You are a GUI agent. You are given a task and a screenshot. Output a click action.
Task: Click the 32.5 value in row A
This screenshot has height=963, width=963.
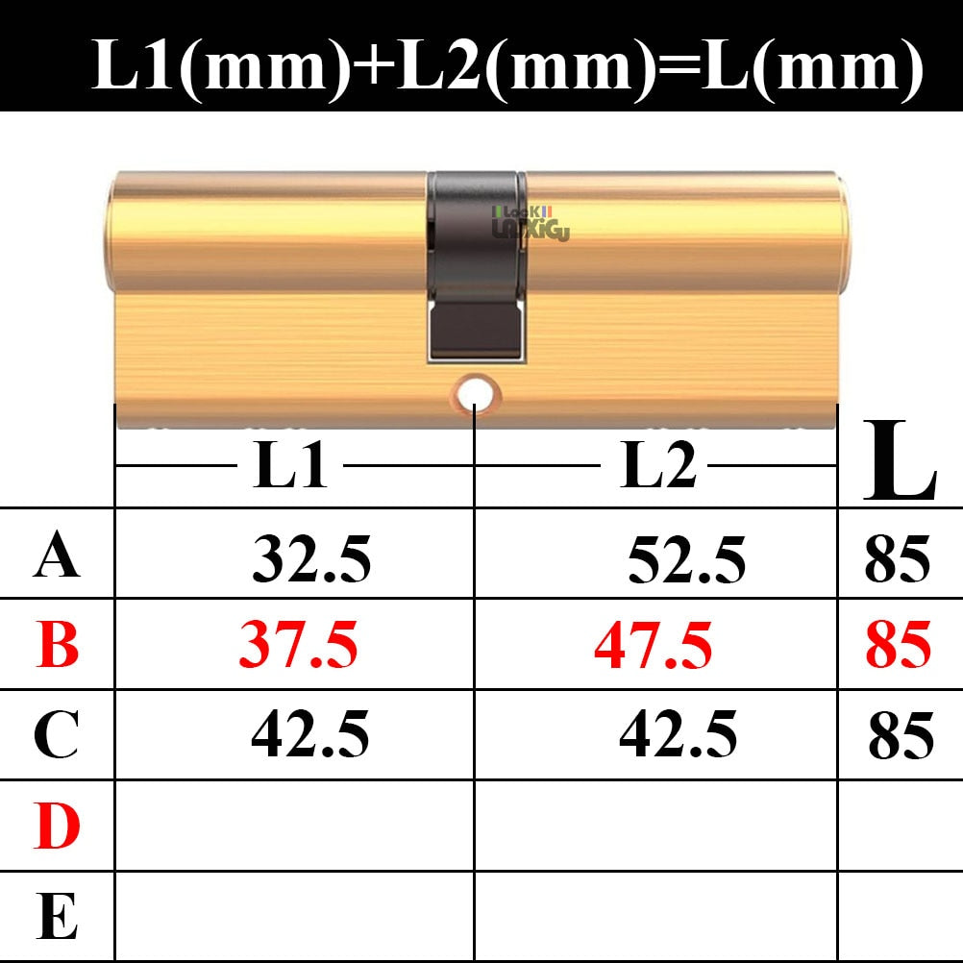pos(311,559)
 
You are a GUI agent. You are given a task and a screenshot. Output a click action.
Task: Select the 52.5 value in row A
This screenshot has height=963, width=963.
pos(686,559)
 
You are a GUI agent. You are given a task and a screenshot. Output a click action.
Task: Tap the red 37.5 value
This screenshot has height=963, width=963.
pos(298,645)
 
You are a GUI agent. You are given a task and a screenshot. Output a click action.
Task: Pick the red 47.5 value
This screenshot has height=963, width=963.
pos(654,645)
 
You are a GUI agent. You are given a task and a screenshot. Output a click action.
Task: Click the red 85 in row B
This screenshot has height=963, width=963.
pos(898,645)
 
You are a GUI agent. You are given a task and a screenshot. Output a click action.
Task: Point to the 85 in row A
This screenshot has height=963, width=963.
pos(898,559)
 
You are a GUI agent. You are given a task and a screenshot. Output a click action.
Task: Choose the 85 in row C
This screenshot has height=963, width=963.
pos(901,736)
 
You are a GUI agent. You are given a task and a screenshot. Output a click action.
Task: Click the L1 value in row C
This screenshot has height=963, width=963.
pos(310,734)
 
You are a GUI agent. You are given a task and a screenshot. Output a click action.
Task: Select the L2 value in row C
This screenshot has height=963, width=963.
pos(679,734)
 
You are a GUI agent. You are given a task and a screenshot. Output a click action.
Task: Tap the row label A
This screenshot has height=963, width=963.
pos(57,557)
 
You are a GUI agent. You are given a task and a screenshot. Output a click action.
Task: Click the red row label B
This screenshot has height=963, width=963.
pos(58,646)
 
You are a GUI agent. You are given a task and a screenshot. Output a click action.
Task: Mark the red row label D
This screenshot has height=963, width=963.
pos(57,826)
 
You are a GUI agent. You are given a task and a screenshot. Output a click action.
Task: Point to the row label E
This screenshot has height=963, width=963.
pos(57,916)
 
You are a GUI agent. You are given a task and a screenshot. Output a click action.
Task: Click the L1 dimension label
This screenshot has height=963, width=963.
pos(290,466)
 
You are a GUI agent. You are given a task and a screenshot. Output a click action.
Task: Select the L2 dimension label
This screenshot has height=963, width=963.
pos(658,466)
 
